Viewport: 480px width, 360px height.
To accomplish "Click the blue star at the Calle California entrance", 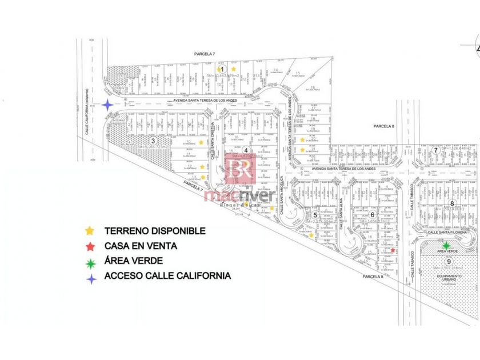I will coord(107,105).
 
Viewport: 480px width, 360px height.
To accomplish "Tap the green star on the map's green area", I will coord(446,246).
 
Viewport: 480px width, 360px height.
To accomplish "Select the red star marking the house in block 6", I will coord(393,250).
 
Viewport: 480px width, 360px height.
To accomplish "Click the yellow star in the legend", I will coord(89,231).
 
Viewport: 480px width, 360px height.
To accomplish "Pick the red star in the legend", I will coord(89,246).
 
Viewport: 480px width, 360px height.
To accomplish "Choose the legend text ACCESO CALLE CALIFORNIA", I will coord(167,275).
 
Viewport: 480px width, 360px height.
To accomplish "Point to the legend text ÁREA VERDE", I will coord(133,261).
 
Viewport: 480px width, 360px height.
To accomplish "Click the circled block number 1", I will coord(223,69).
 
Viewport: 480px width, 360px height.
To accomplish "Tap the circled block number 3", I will coord(153,141).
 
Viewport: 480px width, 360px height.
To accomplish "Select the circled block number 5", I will coord(315,215).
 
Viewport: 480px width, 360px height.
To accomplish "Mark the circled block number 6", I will coord(372,215).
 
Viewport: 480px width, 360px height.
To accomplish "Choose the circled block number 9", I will coord(450,261).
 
